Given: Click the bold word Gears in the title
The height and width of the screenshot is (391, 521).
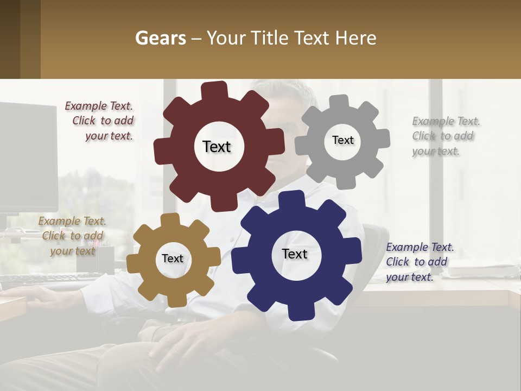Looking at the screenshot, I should (x=160, y=39).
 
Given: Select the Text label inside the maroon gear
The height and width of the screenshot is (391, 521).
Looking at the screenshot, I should (x=217, y=147).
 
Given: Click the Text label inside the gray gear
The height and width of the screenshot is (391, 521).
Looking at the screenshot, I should (x=342, y=140).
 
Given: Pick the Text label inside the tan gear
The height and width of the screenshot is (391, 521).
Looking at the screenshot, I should (x=173, y=259).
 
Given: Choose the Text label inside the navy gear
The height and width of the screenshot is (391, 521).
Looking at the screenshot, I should (x=295, y=254).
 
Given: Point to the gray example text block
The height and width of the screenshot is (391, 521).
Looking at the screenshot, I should (x=444, y=136).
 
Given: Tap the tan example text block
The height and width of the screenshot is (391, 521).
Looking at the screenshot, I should (x=72, y=236).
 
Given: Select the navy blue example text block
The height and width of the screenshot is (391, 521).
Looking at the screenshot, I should (x=418, y=262).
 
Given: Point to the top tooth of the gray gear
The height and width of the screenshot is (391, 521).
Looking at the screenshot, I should (x=339, y=102).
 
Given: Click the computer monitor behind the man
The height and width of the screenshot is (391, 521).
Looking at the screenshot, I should (x=27, y=157).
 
